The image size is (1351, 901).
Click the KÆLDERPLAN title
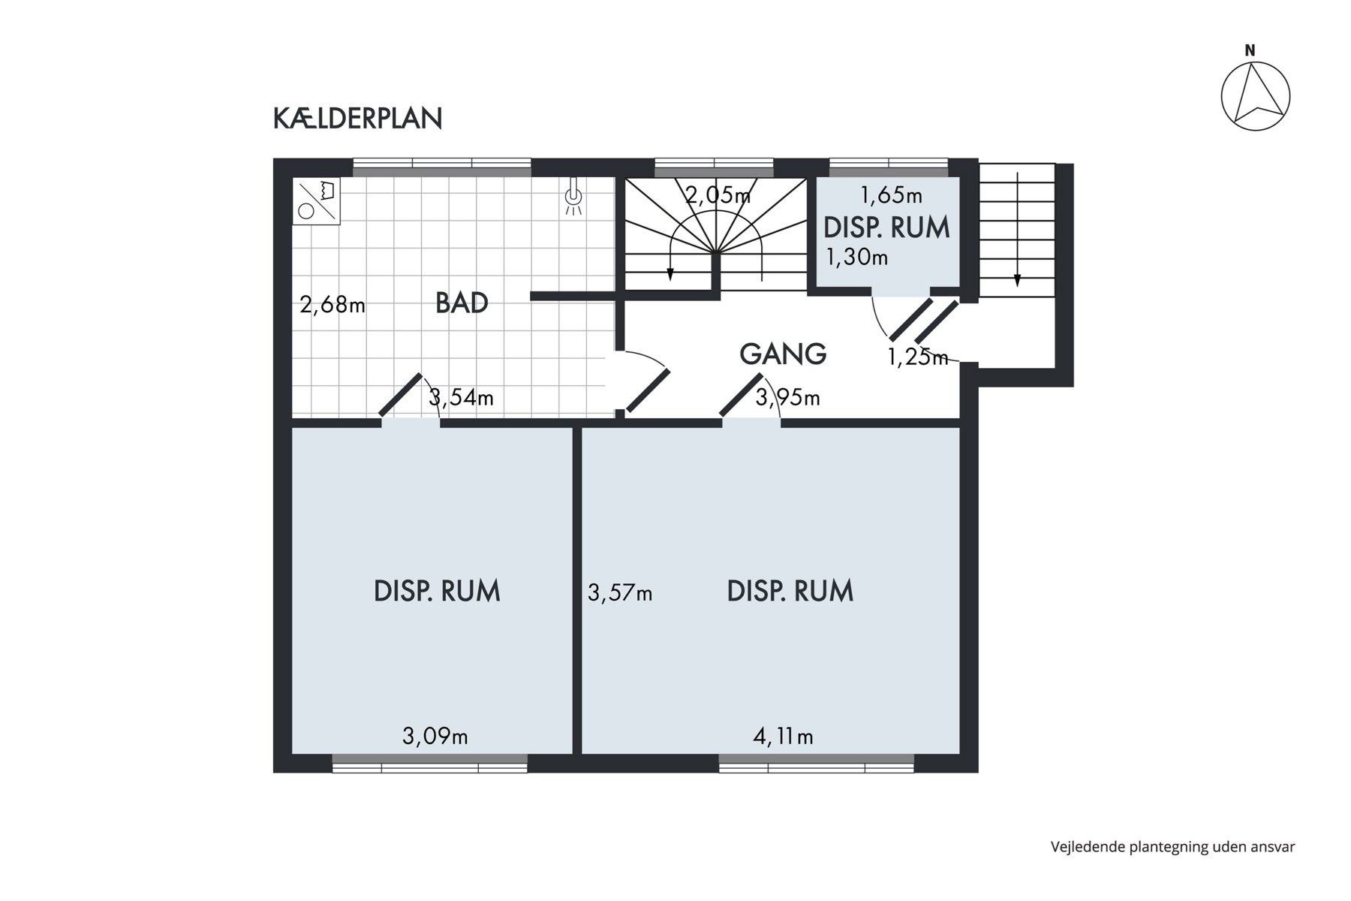357,119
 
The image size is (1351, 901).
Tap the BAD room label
462,303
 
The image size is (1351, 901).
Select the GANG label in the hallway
783,353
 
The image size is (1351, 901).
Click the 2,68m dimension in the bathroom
332,305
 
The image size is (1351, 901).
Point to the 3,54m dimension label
461,397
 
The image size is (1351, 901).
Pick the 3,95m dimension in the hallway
787,397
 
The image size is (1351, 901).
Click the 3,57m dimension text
620,593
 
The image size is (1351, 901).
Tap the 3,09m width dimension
435,737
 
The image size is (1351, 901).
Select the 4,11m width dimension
783,737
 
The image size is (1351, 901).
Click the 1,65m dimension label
891,195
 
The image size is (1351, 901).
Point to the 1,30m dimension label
857,258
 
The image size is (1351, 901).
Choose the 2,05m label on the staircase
718,195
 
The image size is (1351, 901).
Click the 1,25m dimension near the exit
918,357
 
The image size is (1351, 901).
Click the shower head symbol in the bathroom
573,197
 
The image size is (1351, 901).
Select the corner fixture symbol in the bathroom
316,201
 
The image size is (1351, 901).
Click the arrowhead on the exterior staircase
1017,280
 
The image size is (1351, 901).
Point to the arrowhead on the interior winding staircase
669,274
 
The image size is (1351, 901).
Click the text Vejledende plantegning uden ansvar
1173,847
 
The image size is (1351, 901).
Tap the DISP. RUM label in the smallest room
887,228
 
